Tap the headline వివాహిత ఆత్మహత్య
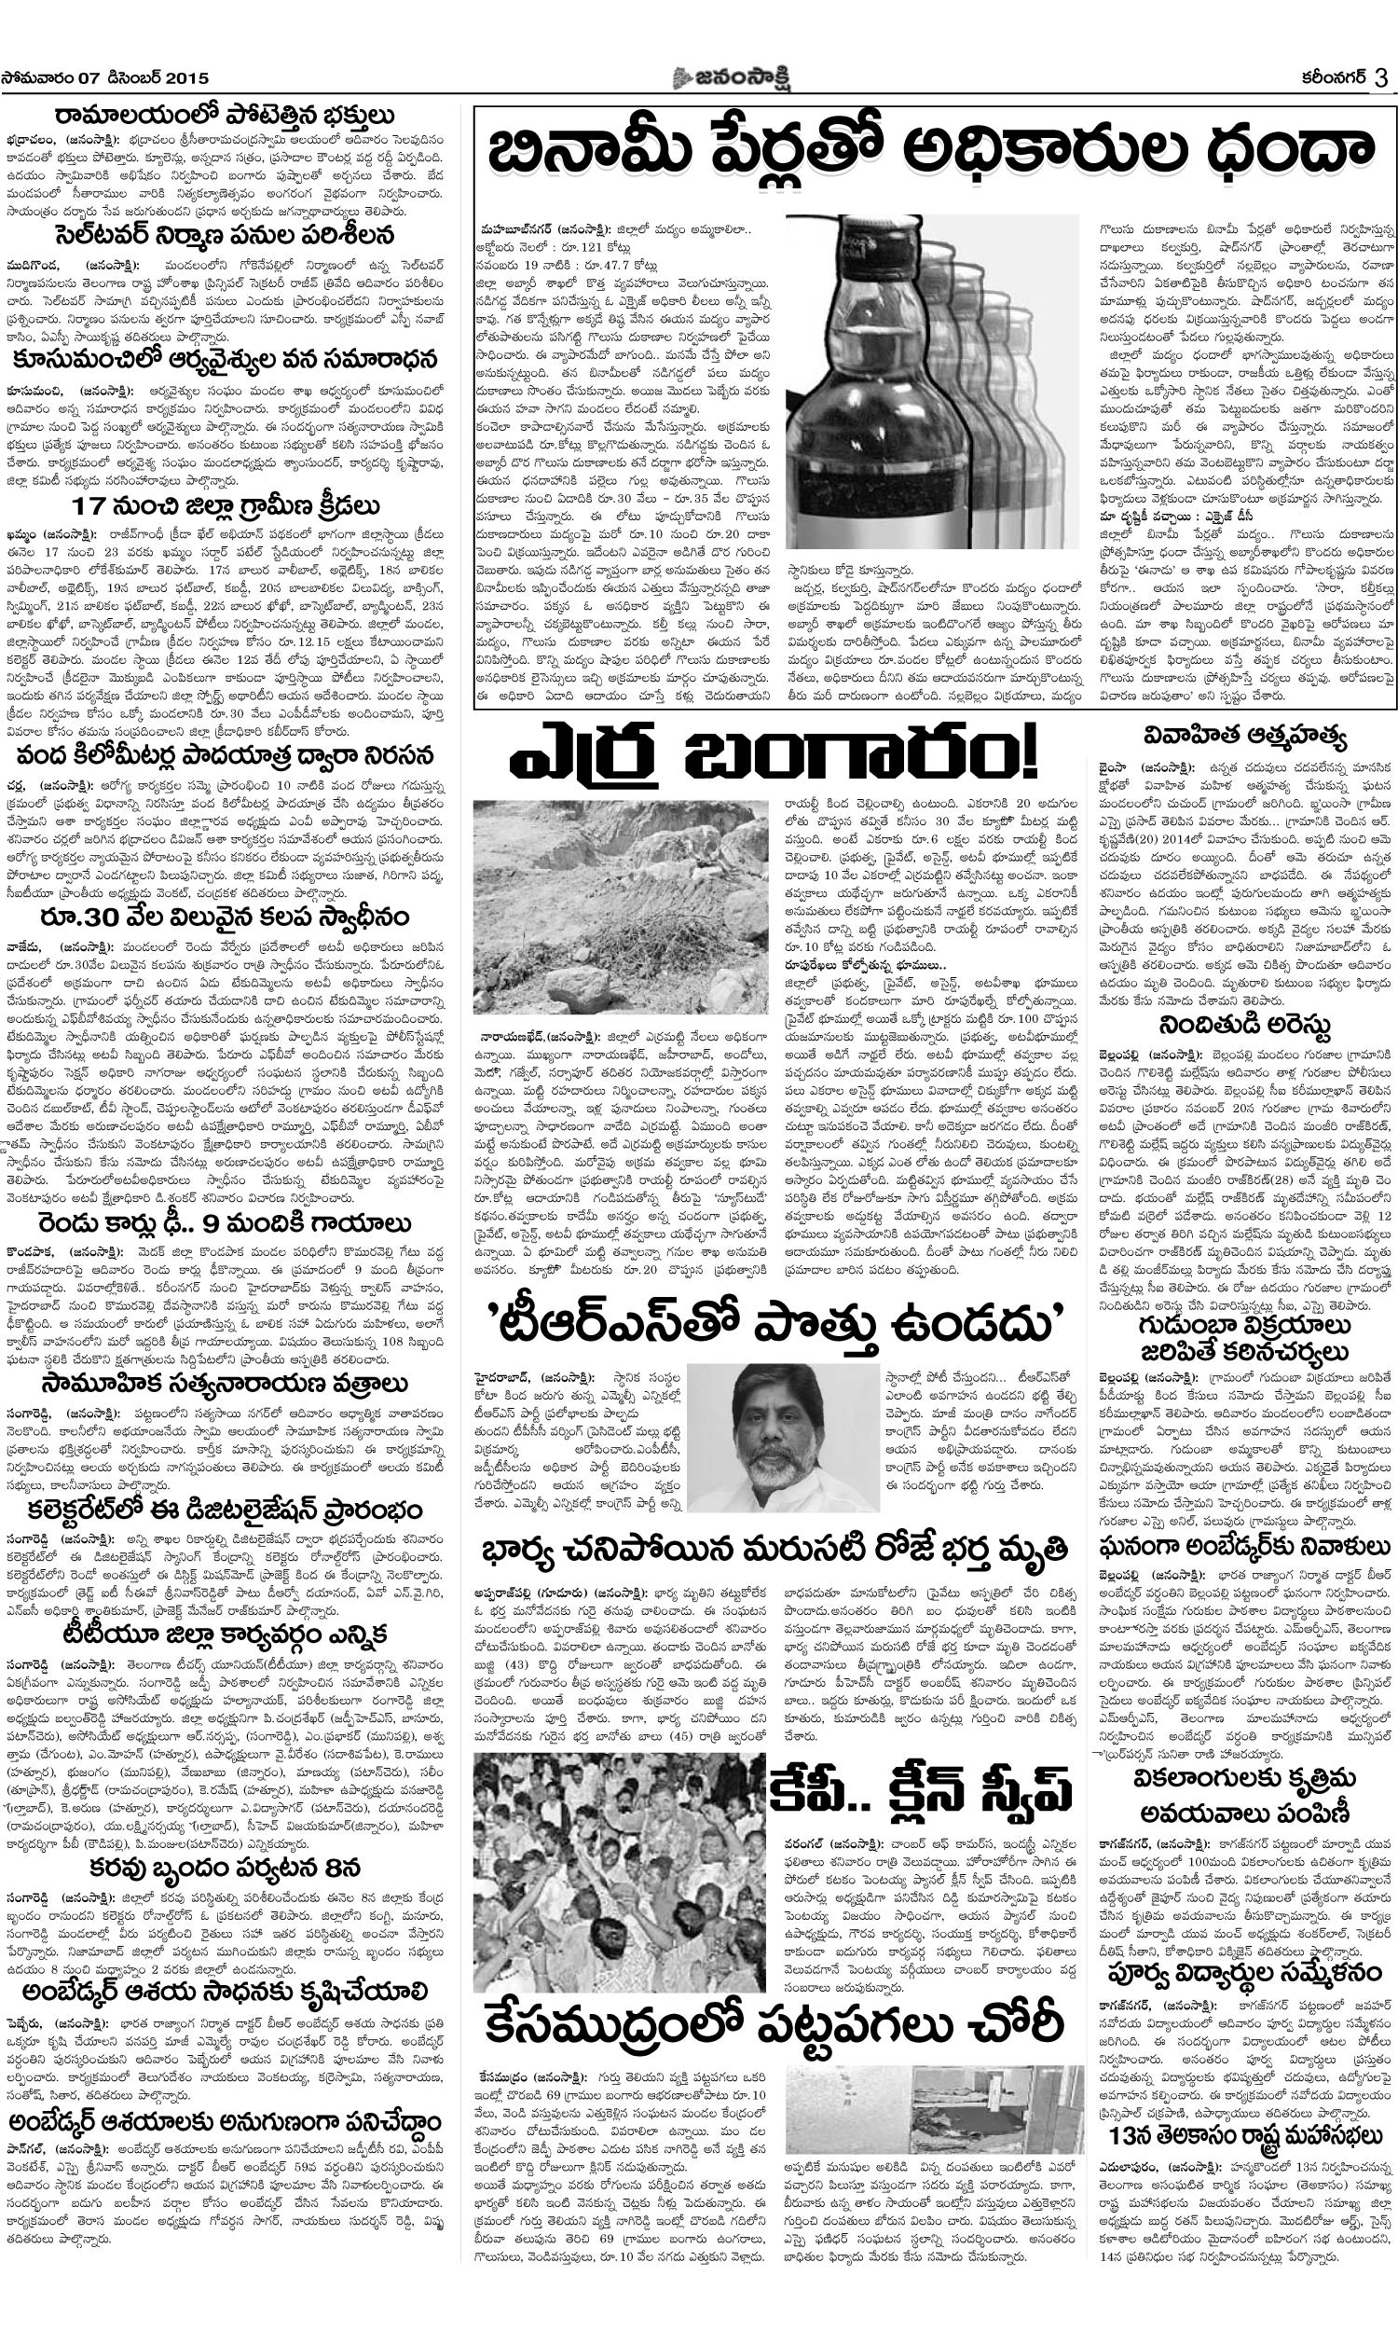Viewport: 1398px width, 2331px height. click(x=1244, y=735)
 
